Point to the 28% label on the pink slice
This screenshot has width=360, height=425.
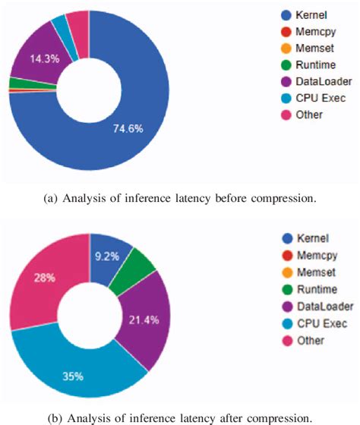pos(43,278)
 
